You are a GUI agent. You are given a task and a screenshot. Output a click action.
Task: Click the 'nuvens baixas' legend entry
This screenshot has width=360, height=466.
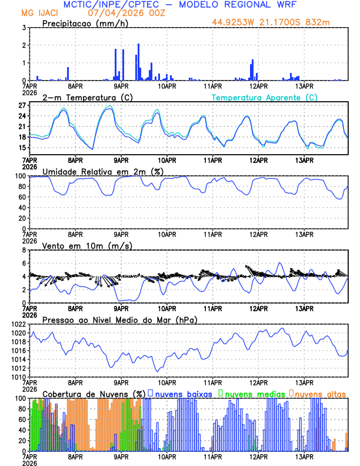point(183,394)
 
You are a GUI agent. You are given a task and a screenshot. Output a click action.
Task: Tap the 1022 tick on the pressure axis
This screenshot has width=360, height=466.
point(16,324)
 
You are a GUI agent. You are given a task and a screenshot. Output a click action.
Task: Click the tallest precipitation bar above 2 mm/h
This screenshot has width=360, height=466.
point(139,62)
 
